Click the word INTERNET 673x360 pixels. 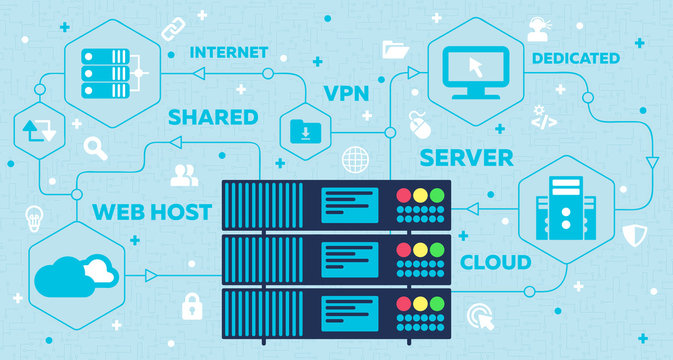coord(228,51)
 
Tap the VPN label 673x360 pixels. coord(347,94)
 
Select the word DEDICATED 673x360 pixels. coord(575,58)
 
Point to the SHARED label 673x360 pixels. coord(212,117)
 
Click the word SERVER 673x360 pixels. coord(466,157)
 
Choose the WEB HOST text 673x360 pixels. coord(151,211)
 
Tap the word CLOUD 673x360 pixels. coord(495,263)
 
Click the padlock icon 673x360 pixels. coord(192,308)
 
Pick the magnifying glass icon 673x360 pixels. coord(96,150)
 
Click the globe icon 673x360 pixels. coord(354,159)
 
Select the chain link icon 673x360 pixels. coord(171,21)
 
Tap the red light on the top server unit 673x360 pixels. coord(404,195)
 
